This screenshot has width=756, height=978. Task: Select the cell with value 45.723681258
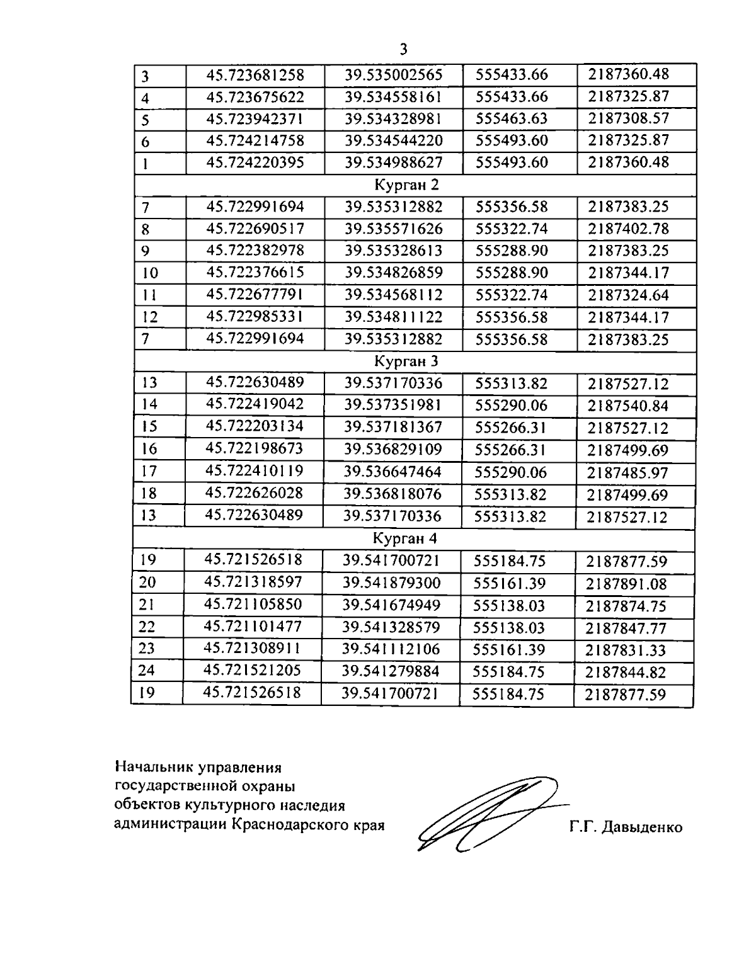255,75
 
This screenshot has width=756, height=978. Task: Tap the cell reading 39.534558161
394,97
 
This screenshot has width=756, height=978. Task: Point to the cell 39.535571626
394,229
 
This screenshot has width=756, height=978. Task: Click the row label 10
151,273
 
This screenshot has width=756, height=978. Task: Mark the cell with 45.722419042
255,404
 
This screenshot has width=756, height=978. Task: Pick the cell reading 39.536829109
393,450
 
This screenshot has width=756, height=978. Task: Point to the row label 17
150,472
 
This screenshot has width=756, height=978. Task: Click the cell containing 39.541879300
391,583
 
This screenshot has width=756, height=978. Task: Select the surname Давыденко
642,827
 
